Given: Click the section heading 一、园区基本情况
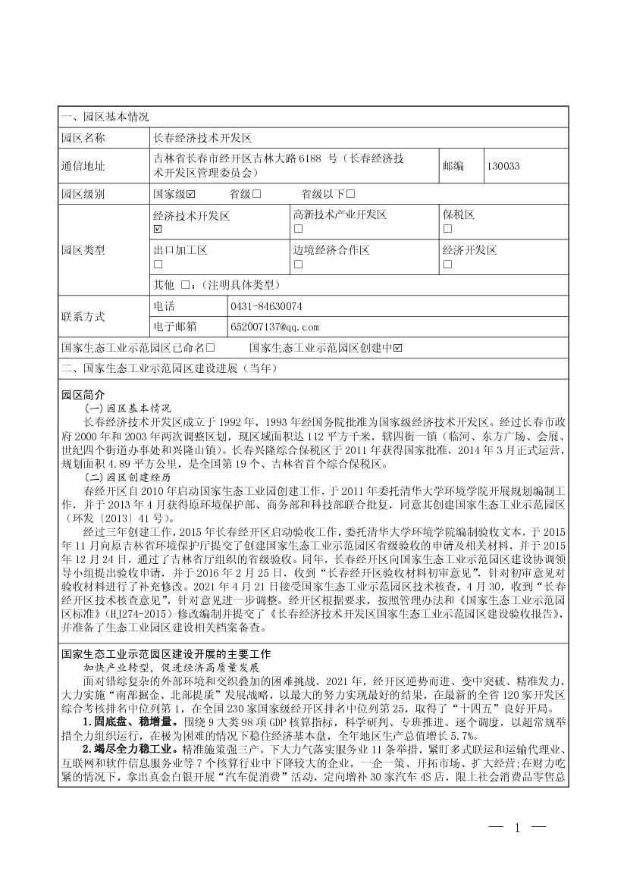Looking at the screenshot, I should [105, 117].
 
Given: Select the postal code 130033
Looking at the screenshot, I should [503, 166].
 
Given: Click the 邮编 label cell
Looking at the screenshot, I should [453, 166].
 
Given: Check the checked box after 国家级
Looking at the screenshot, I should [191, 195].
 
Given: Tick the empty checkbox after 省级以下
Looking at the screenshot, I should [350, 195].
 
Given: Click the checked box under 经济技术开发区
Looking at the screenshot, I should [158, 229].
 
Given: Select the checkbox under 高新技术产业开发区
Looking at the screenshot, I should [298, 229].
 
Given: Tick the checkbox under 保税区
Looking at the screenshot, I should [447, 229].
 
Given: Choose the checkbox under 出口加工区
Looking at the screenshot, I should [158, 265].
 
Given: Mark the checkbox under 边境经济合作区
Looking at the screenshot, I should [298, 265].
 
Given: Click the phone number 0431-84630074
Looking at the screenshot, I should [266, 306].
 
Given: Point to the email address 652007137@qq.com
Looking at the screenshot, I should [274, 327].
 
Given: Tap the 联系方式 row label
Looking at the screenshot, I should [83, 316].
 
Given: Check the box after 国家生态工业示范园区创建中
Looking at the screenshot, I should [397, 348].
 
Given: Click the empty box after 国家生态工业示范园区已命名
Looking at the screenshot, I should [210, 348].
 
